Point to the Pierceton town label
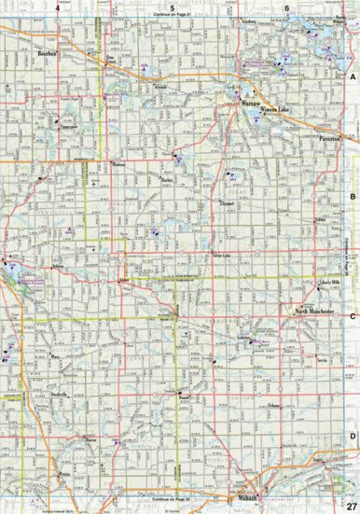331,138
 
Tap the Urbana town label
271,405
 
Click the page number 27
350,505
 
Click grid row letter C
353,316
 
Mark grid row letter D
353,436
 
